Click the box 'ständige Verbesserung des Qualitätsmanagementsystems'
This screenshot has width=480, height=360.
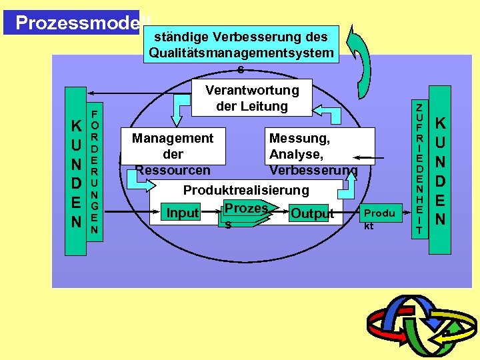pos(241,45)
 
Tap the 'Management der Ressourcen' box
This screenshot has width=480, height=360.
pos(173,154)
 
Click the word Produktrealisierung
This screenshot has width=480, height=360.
pos(246,191)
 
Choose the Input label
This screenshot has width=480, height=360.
pos(183,213)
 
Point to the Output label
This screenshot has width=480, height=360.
pos(311,214)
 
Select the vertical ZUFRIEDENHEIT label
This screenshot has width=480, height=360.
pos(419,169)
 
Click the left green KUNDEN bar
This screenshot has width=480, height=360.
pos(76,171)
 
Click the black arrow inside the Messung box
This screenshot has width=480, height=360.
pos(364,158)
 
